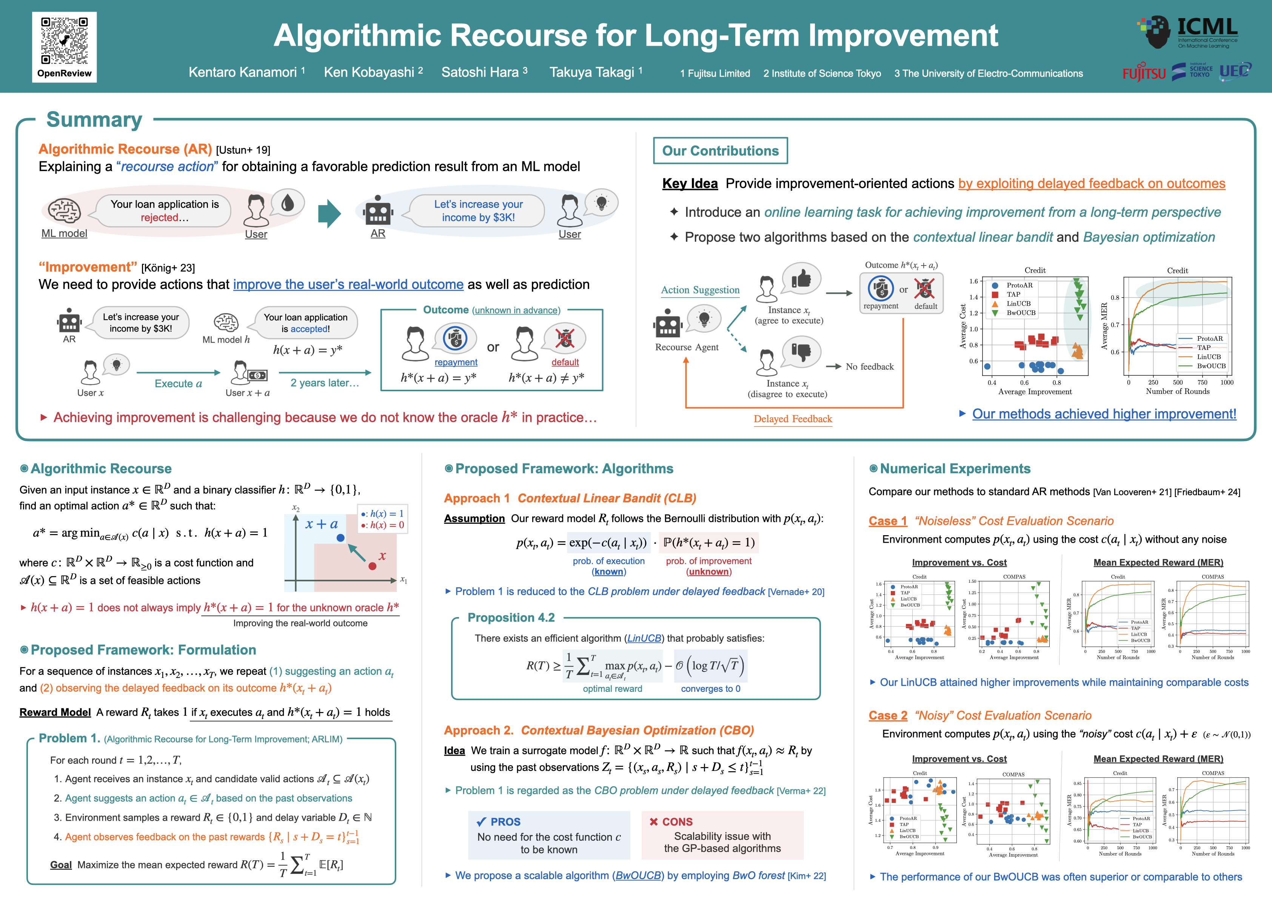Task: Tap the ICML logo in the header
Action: coord(1188,32)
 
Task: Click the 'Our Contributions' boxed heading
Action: coord(720,151)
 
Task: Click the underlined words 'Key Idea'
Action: coord(690,184)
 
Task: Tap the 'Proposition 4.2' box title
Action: coord(511,617)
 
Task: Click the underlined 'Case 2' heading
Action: coord(887,715)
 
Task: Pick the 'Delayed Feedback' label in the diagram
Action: coord(792,419)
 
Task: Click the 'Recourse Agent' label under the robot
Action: coord(687,347)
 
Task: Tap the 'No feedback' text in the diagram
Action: coord(869,367)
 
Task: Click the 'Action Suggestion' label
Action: coord(700,290)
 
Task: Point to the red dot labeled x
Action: coord(372,566)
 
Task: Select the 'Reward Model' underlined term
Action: coord(55,713)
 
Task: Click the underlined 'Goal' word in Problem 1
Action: coord(61,865)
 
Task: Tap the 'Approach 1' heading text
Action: coord(476,498)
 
